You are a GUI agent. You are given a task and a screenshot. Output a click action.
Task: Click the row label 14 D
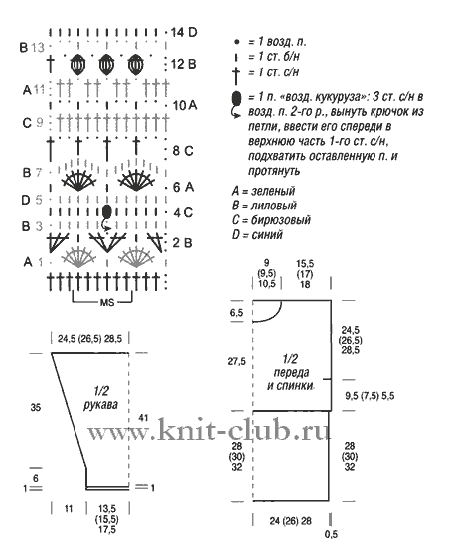183,33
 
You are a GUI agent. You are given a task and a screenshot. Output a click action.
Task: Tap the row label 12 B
183,64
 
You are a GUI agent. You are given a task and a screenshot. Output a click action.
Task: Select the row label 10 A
185,105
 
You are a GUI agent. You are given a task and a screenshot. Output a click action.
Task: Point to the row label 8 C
183,151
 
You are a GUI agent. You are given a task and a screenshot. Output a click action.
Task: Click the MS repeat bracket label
107,302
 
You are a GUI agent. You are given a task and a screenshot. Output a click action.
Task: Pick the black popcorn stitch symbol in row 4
107,211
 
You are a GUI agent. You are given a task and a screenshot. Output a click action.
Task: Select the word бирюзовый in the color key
280,220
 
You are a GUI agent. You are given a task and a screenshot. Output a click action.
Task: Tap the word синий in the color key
267,234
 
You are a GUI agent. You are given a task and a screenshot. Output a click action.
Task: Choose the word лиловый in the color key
274,206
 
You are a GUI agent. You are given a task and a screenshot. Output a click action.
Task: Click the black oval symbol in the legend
236,97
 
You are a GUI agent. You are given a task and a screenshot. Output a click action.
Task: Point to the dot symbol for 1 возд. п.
237,42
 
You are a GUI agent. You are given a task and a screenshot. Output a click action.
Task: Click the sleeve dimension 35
36,408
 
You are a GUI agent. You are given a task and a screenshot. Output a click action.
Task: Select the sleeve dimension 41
143,418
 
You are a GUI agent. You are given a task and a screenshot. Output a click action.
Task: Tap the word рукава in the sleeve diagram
101,405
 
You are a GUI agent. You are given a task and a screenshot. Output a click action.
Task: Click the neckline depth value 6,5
237,313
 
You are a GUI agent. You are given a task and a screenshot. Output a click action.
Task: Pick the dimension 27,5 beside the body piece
237,361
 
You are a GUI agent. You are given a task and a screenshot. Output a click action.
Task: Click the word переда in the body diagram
291,372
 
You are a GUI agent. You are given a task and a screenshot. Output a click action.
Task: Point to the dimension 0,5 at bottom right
331,534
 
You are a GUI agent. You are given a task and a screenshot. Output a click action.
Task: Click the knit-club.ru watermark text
210,429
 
